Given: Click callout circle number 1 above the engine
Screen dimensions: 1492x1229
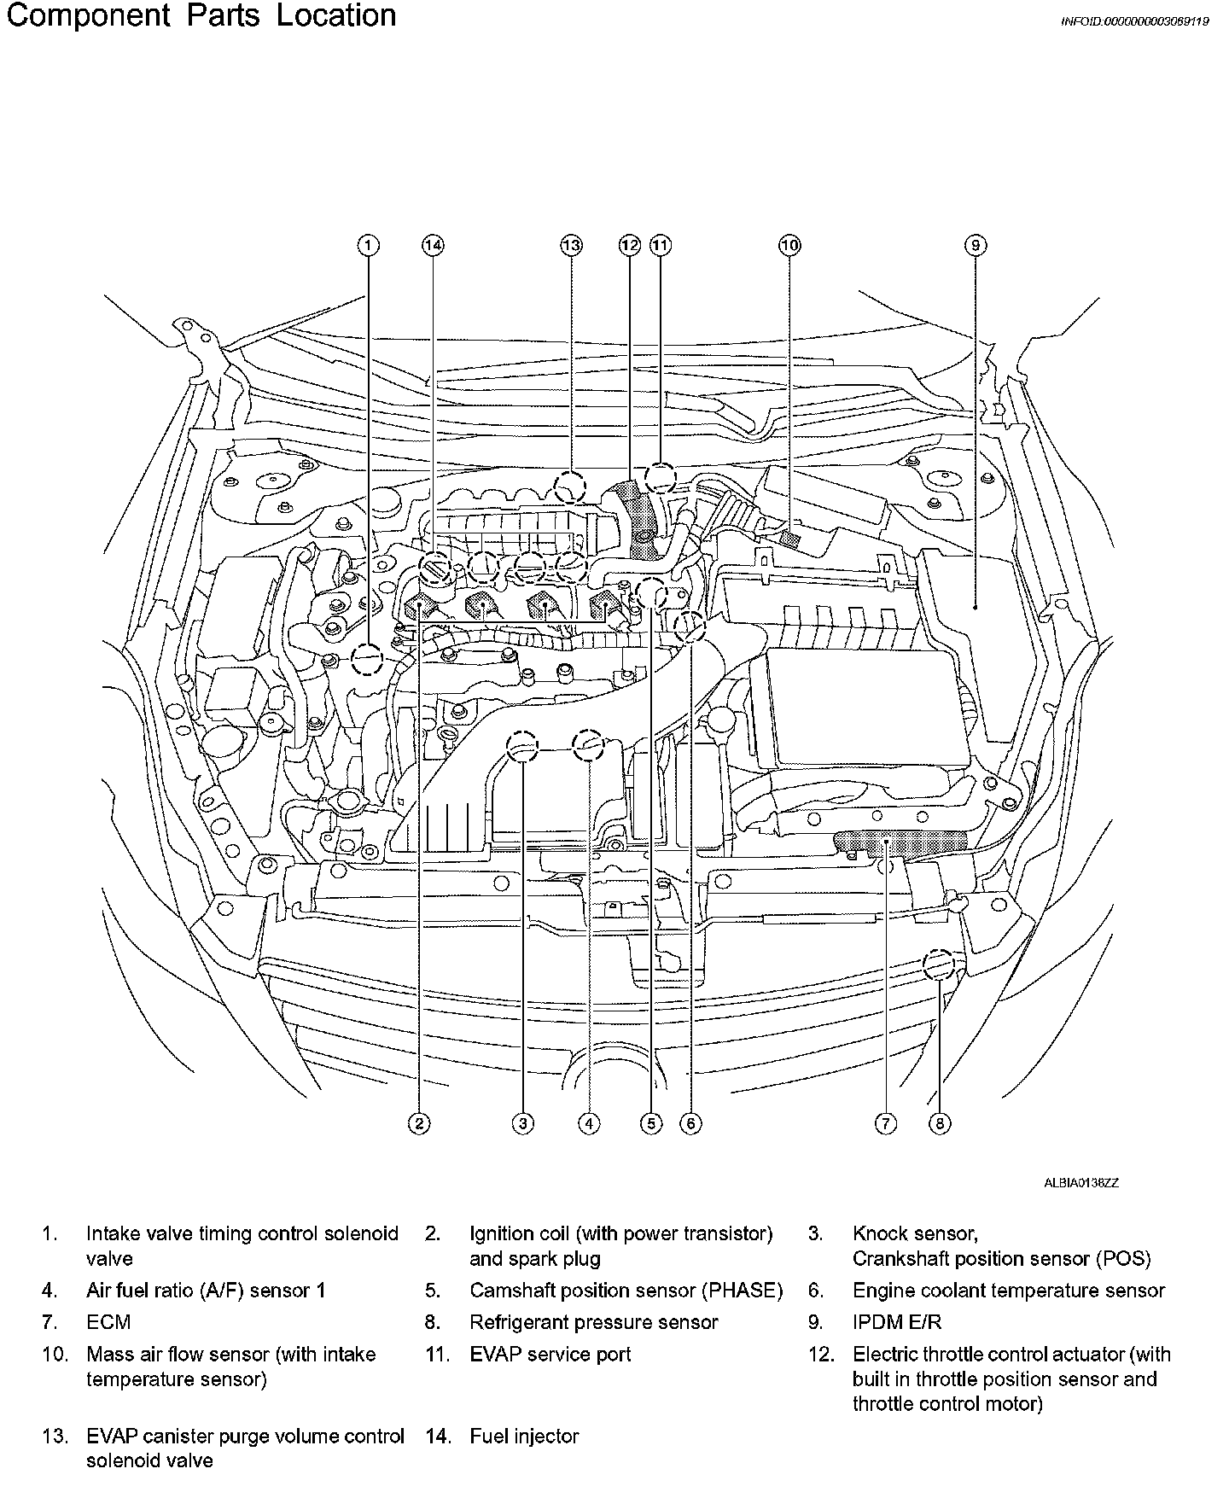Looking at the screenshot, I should [x=368, y=246].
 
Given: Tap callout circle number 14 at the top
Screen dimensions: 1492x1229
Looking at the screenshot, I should [x=434, y=246].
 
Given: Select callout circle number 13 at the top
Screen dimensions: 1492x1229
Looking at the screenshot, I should [x=571, y=246].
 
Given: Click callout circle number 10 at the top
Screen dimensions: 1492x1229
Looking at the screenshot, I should [x=789, y=246].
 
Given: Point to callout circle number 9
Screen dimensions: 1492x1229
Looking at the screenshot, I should [x=976, y=246].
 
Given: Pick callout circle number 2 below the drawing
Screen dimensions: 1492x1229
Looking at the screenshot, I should [x=418, y=1123].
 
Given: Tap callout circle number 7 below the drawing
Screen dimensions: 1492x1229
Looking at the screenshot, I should [x=886, y=1123].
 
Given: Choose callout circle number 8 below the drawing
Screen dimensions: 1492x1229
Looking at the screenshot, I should [x=939, y=1123].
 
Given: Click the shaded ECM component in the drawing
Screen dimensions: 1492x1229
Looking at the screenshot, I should [x=903, y=843].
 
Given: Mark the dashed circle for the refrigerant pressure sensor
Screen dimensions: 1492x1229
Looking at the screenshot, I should [x=938, y=965].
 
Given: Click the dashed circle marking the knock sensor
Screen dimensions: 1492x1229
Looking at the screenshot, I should [x=523, y=747].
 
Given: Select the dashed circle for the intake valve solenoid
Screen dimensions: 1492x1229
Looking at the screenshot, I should [x=367, y=658].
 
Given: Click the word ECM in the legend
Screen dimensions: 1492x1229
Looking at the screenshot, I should [x=108, y=1322].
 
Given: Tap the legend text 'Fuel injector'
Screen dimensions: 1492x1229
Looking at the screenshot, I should [x=524, y=1437].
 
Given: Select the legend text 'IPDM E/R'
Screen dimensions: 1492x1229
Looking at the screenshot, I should [x=897, y=1322].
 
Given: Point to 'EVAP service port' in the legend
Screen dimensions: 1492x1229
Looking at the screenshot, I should [x=550, y=1354].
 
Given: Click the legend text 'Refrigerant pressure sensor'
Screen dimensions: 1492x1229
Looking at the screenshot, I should [x=594, y=1322].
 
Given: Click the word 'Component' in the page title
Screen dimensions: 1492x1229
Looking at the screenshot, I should [x=89, y=15].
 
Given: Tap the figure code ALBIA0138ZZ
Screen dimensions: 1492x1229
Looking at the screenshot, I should [x=1080, y=1183].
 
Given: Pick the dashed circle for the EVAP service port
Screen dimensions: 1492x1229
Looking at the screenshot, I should [x=659, y=478].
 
